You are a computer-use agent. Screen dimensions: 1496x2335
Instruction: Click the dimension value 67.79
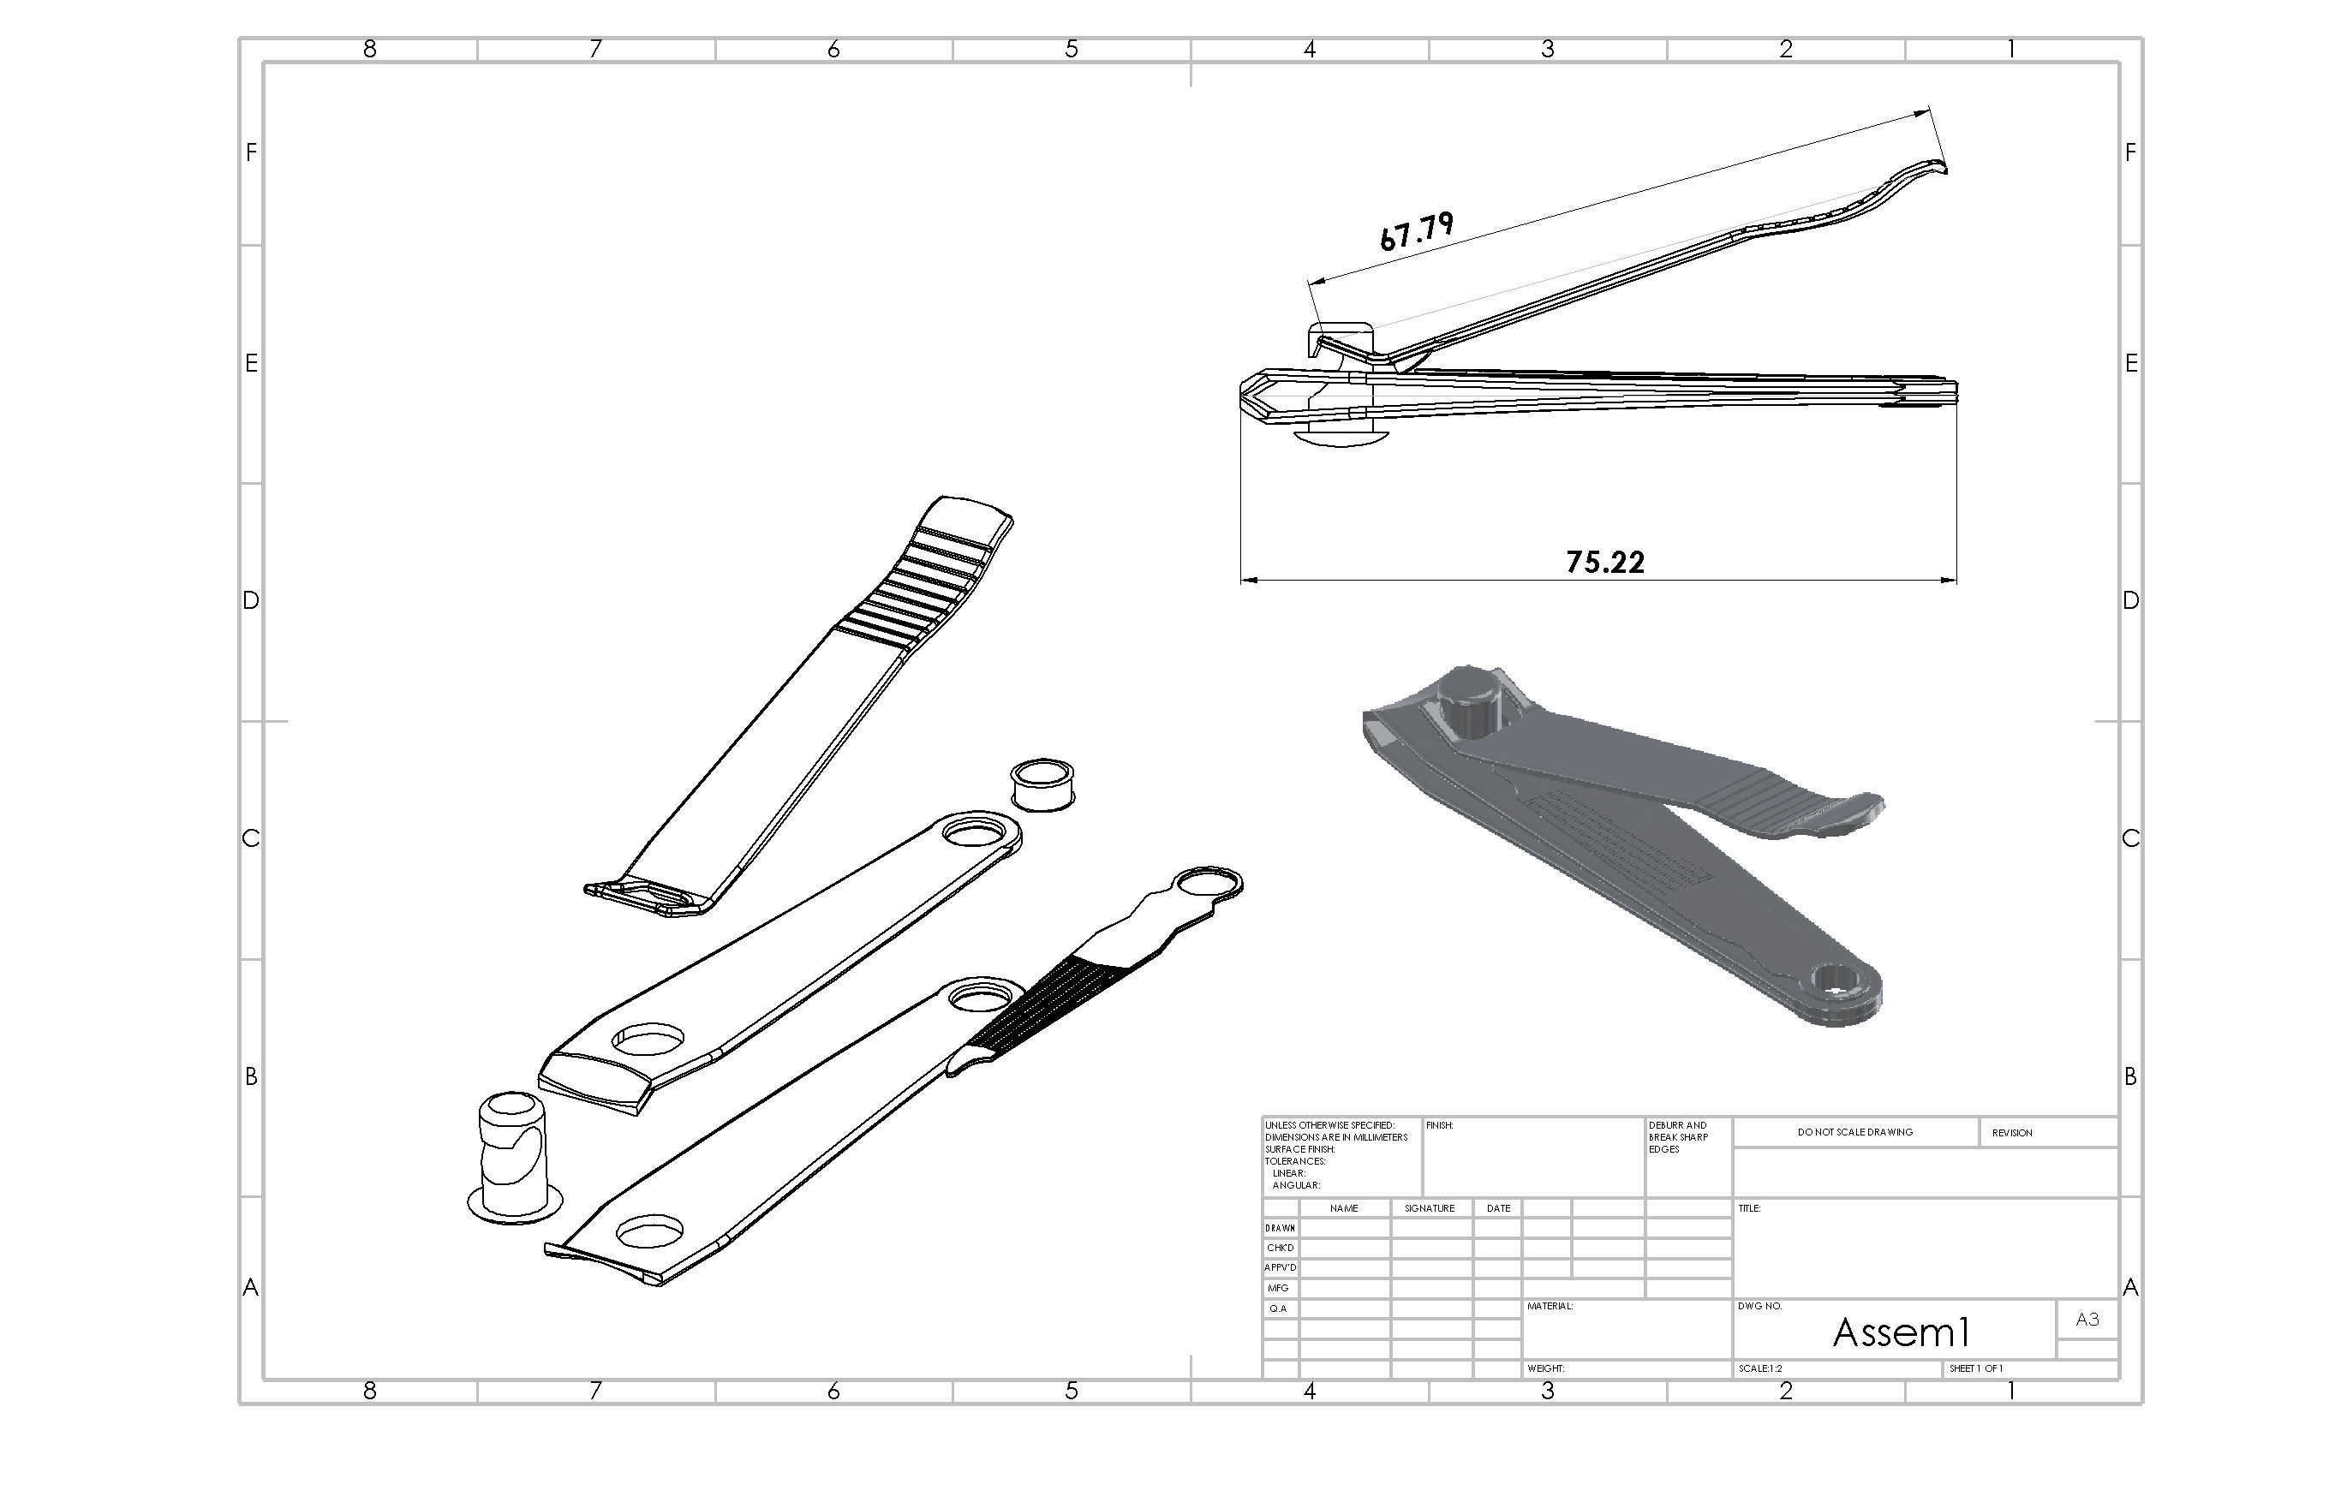point(1417,231)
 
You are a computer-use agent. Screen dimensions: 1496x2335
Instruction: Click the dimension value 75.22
point(1605,563)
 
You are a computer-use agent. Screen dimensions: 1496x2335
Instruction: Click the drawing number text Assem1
point(1901,1332)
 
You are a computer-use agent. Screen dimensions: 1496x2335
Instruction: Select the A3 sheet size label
point(2087,1320)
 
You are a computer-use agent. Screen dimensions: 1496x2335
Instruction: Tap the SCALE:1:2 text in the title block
point(1761,1368)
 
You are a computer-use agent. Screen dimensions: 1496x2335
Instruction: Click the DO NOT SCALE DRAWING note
point(1855,1133)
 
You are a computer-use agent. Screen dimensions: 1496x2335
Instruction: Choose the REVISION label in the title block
point(2011,1133)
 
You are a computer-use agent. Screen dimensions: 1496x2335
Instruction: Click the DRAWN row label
point(1280,1229)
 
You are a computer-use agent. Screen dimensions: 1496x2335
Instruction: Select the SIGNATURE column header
point(1430,1208)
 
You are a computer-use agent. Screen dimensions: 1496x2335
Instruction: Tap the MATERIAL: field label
point(1550,1307)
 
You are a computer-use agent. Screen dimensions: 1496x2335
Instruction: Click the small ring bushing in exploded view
point(1042,785)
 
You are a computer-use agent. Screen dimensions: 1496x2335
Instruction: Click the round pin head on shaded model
point(1470,700)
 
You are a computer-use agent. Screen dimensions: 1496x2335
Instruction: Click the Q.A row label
point(1278,1308)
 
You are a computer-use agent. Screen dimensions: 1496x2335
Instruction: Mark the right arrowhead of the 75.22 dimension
point(1950,580)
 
